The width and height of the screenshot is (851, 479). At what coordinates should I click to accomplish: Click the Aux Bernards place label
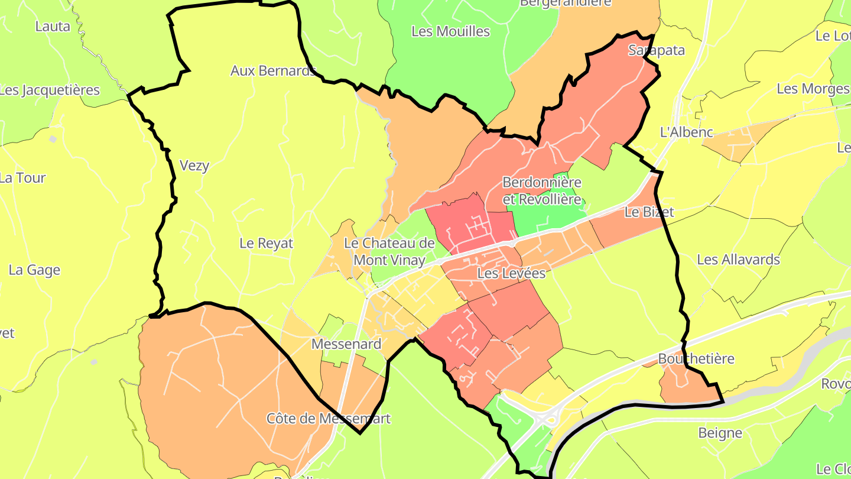click(273, 71)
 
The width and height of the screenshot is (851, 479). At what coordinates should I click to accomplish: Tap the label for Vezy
click(194, 166)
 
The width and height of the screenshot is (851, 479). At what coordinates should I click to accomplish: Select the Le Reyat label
click(266, 243)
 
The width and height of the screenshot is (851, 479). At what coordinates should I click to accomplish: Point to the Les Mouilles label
click(450, 31)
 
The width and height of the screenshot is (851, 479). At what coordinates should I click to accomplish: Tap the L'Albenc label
click(686, 132)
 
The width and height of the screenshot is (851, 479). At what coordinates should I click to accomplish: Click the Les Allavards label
click(738, 260)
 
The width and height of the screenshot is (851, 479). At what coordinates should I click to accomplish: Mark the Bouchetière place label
click(696, 358)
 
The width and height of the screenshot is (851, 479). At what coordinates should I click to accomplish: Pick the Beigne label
click(720, 432)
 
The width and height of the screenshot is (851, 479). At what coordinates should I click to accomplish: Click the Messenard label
click(346, 344)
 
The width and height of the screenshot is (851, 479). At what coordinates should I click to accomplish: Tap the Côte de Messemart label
click(329, 418)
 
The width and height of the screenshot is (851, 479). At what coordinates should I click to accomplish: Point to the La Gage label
click(34, 270)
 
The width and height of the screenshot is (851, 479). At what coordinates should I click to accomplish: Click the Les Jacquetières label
click(50, 90)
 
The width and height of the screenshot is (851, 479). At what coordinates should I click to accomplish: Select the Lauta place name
click(53, 26)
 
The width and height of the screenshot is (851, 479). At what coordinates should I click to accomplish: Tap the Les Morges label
click(813, 89)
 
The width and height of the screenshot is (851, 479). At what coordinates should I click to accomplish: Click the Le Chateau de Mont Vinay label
click(389, 251)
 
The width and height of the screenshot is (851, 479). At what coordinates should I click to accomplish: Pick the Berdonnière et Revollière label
click(541, 190)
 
